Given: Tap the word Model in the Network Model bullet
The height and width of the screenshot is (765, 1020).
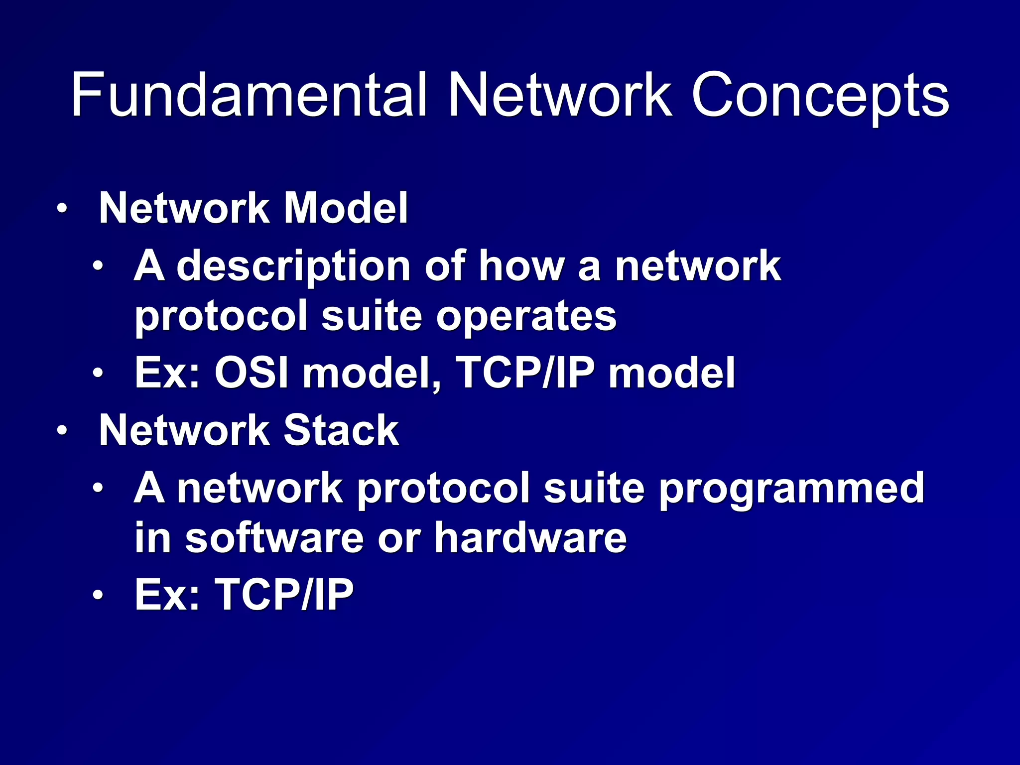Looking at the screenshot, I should point(346,208).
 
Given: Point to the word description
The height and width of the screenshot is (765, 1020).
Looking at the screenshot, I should point(294,266).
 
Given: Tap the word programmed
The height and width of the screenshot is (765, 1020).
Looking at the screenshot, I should point(791,488).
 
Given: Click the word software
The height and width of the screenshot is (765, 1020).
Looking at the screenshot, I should point(274,537).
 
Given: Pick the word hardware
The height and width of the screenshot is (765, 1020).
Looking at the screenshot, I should point(530,537).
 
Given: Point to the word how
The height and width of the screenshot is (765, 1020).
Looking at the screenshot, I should point(521,266).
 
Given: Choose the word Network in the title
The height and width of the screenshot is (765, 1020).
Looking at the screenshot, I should point(560,95).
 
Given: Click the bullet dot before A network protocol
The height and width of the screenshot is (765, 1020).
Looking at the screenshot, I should point(98,488).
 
